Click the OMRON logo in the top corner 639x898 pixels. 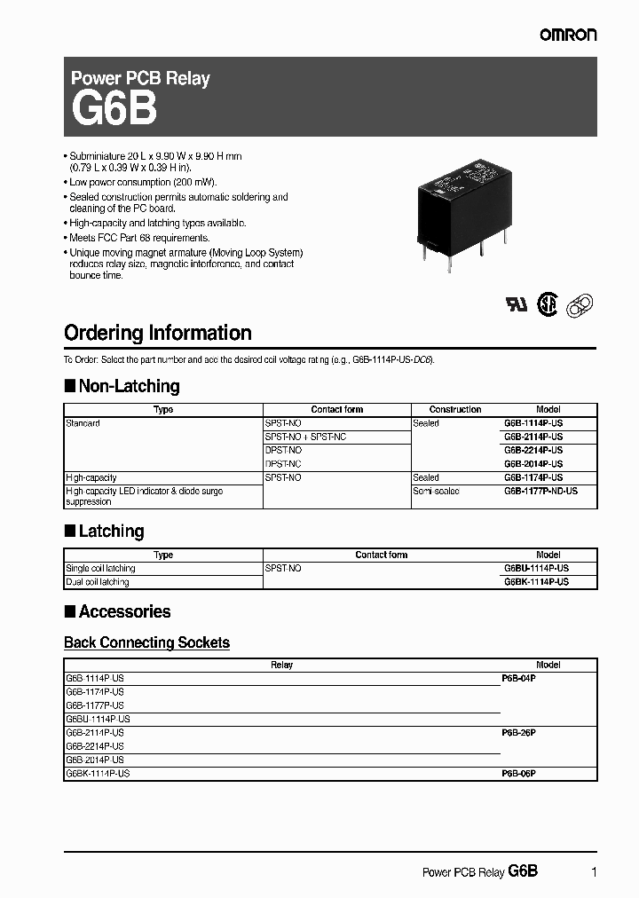pos(569,35)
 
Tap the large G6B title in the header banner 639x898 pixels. pos(114,111)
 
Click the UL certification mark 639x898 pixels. pos(517,303)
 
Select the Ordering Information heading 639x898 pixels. pos(158,334)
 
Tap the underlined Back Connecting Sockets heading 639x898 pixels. pos(146,642)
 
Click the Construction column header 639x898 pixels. pos(455,410)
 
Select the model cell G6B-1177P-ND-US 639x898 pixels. pos(540,491)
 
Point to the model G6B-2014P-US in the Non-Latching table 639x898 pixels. pos(533,464)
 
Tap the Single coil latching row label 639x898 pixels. pos(100,568)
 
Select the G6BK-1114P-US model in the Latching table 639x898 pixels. pos(536,582)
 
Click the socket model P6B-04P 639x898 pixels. pos(518,677)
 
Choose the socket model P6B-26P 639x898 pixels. pos(518,733)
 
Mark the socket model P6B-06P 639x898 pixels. pos(518,774)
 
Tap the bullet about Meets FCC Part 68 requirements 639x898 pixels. pos(139,238)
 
